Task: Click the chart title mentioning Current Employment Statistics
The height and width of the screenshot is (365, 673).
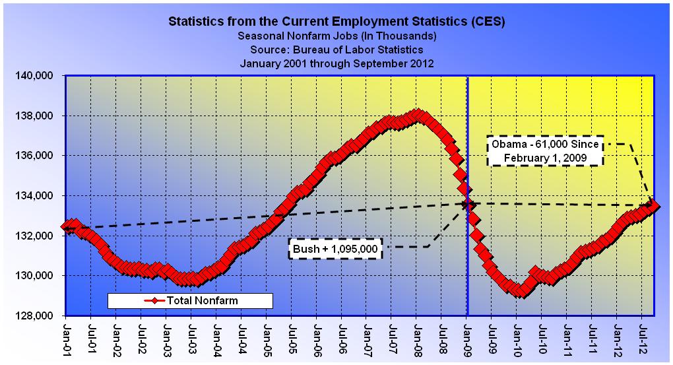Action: coord(336,21)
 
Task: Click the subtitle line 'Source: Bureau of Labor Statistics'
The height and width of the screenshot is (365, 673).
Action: coord(336,49)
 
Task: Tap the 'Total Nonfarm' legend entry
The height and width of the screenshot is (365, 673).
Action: coord(190,300)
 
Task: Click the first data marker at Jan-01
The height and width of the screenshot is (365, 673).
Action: coord(66,227)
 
